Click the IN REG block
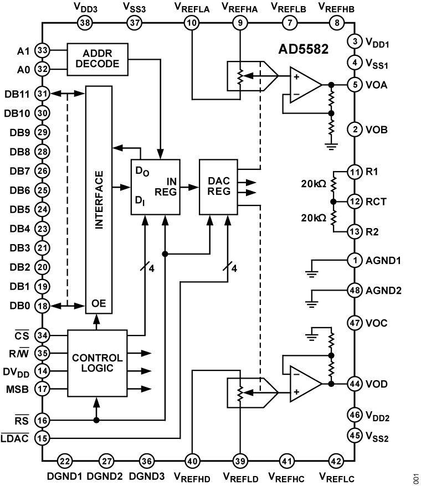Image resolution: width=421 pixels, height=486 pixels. click(x=156, y=187)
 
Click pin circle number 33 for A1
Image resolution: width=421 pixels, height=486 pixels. click(x=42, y=50)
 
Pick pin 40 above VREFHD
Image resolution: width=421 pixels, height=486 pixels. click(x=192, y=459)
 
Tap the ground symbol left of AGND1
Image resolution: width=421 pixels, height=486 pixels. click(x=313, y=271)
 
